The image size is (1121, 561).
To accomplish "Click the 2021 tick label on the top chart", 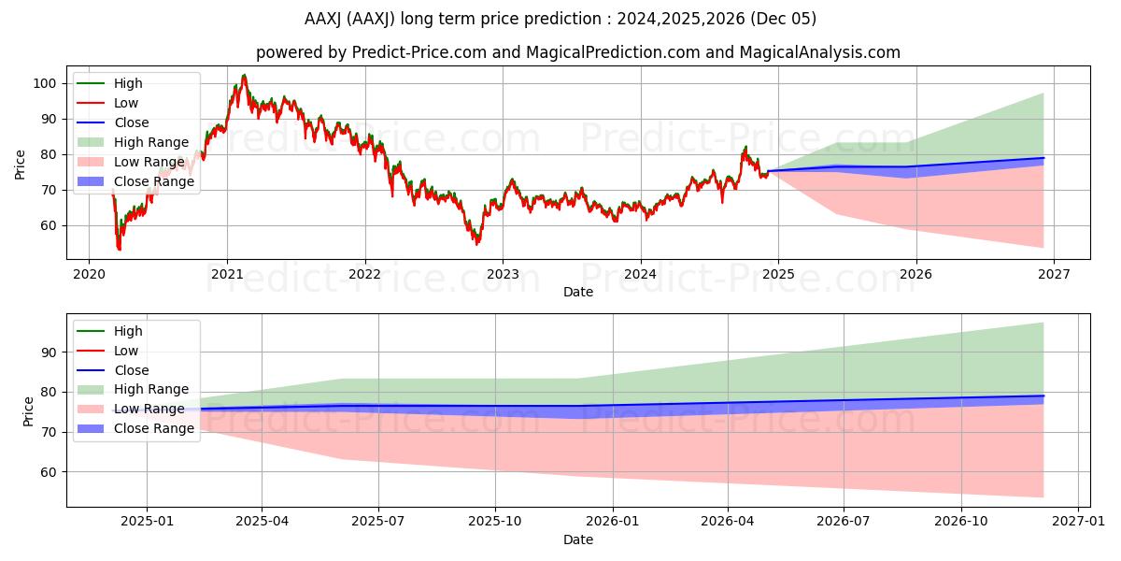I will (x=227, y=274).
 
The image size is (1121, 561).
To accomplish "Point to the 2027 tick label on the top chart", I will (x=1053, y=274).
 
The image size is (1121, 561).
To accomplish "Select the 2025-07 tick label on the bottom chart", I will (x=377, y=521).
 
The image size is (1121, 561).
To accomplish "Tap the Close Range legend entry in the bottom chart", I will (x=154, y=428).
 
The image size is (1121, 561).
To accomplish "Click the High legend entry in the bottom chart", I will (x=128, y=331).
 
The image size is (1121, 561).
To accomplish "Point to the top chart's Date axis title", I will (x=577, y=292).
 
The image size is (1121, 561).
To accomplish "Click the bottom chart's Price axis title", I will (x=28, y=411).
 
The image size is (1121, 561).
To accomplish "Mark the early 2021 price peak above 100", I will (x=244, y=76).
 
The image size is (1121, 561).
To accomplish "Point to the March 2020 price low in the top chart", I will (x=119, y=249).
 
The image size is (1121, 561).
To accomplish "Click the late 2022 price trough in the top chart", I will (x=476, y=243).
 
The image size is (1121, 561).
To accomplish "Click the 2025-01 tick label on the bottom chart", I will (x=147, y=521).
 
